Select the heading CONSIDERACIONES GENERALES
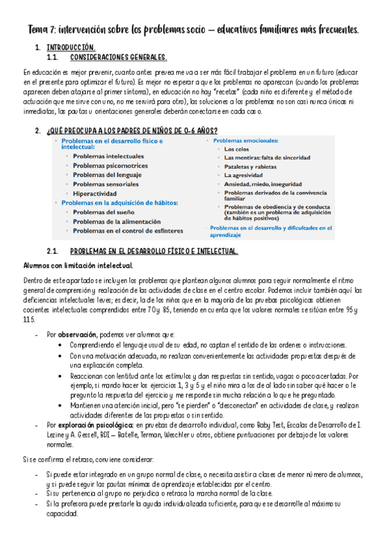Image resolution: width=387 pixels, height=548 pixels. (118, 58)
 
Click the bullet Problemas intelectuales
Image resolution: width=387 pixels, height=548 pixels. (108, 156)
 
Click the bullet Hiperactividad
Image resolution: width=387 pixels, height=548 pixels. (94, 193)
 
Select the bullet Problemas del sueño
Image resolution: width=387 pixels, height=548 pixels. (103, 212)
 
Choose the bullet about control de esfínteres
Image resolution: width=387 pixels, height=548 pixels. (127, 231)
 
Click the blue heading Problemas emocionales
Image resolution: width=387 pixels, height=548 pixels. (246, 140)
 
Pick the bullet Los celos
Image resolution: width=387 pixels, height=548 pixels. (237, 149)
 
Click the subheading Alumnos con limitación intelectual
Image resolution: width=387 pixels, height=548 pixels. (78, 266)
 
